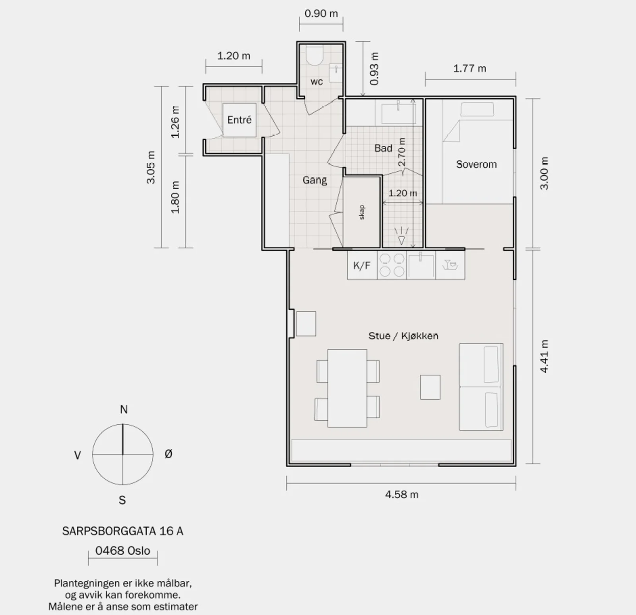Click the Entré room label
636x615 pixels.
pos(239,120)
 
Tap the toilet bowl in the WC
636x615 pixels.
pos(314,56)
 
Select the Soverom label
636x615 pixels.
pos(476,164)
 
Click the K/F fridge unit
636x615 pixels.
pos(362,265)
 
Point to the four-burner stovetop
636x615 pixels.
pos(392,265)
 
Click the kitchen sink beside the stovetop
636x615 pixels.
pos(421,265)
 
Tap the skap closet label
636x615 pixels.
pos(362,212)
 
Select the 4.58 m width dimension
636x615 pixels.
pos(401,495)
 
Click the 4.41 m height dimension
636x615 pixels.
pos(544,356)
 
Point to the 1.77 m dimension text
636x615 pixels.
pos(470,68)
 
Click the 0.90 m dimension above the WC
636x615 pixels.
pos(321,14)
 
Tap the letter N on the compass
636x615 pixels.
pos(124,410)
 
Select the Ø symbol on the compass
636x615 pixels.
pos(169,454)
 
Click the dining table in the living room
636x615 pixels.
pos(347,388)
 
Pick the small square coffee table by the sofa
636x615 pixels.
pos(430,387)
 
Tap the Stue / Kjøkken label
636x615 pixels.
pos(403,336)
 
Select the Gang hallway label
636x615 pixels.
pos(314,180)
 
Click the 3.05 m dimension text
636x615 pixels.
pos(151,167)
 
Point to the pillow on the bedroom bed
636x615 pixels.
pos(477,109)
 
